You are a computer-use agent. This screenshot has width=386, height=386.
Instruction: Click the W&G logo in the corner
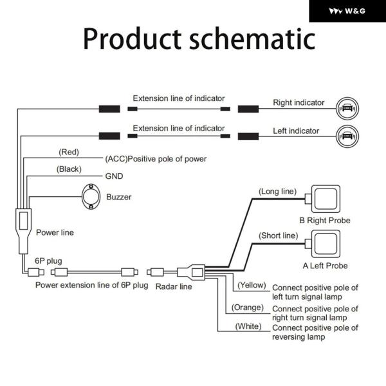[347, 11]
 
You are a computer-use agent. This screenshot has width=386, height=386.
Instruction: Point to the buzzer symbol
[91, 196]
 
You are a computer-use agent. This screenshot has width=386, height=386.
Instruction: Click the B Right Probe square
[324, 201]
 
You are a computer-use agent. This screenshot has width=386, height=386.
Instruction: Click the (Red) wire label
[68, 152]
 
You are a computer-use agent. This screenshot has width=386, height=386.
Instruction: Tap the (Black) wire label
[69, 169]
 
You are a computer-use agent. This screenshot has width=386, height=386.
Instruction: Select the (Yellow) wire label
[252, 284]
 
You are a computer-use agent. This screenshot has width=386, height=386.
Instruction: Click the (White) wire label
[248, 326]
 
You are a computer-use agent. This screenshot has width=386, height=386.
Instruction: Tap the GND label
[113, 176]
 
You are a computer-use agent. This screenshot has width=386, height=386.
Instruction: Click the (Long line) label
[277, 191]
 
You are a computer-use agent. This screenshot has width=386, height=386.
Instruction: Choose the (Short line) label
[277, 235]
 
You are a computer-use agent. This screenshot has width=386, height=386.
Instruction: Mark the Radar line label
[174, 286]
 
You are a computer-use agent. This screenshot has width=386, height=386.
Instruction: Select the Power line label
[55, 232]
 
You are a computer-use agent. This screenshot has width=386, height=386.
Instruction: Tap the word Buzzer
[118, 197]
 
